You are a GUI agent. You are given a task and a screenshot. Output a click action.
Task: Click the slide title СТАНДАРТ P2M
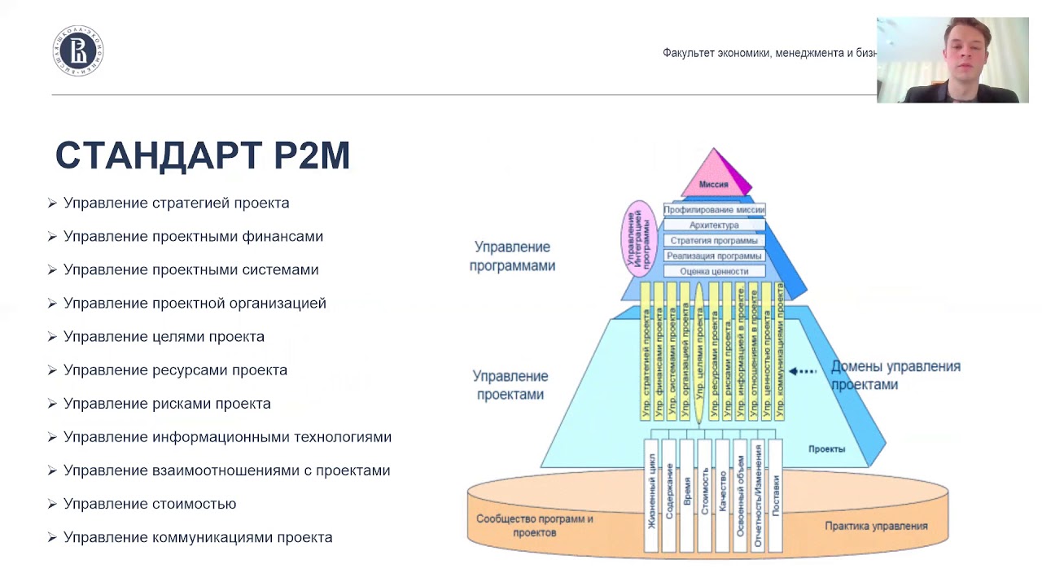coord(203,155)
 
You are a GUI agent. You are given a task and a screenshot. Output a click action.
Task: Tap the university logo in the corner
coord(78,50)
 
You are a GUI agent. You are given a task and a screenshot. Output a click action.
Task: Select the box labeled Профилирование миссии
coord(714,209)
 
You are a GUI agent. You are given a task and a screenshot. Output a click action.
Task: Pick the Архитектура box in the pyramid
coord(714,225)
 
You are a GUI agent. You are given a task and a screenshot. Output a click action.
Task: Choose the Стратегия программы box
coord(714,240)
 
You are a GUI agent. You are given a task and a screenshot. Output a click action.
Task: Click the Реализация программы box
coord(714,256)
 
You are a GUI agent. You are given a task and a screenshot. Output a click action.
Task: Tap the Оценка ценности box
coord(714,271)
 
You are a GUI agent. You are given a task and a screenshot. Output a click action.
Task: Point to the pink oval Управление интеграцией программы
coord(639,238)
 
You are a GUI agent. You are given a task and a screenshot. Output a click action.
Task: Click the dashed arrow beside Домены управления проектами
coord(803,371)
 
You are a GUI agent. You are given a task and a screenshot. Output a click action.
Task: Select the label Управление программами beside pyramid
coord(512,256)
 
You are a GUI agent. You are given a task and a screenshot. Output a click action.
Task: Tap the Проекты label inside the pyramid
coord(826,449)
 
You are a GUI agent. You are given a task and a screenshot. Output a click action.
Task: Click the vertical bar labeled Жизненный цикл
coord(651,495)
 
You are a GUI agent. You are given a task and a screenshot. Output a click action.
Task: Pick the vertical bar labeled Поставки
coord(775,495)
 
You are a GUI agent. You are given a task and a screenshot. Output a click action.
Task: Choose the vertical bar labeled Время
coord(687,495)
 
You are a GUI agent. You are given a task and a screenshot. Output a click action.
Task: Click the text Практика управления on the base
coord(876,526)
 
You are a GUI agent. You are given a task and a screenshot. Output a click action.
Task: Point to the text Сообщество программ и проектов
coord(535,525)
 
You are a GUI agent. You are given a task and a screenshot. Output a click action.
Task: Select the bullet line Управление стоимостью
coord(150,504)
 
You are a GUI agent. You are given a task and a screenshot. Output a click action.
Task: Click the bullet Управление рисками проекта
coord(167,404)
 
